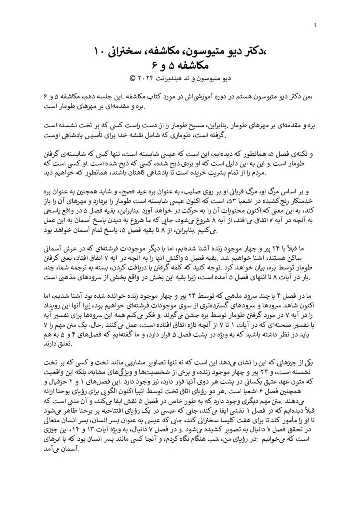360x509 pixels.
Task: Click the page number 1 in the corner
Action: tap(316, 25)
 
